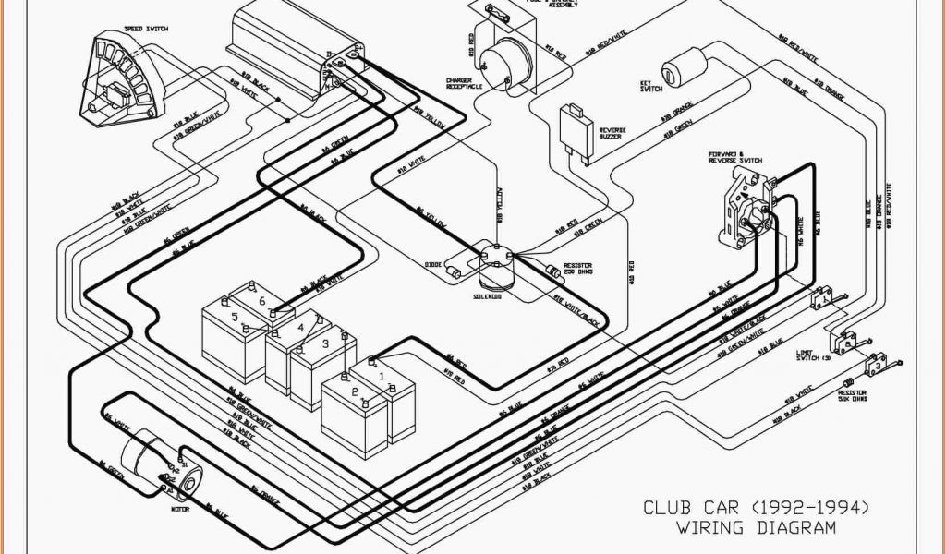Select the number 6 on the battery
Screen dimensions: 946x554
tap(261, 301)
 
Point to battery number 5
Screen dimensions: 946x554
tap(235, 317)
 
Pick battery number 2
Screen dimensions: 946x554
tap(353, 391)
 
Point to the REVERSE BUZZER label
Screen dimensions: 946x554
tap(613, 134)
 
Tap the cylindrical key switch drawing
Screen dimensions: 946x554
tap(685, 66)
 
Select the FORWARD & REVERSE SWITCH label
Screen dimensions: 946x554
tap(735, 158)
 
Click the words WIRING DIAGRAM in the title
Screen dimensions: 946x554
tap(756, 527)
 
